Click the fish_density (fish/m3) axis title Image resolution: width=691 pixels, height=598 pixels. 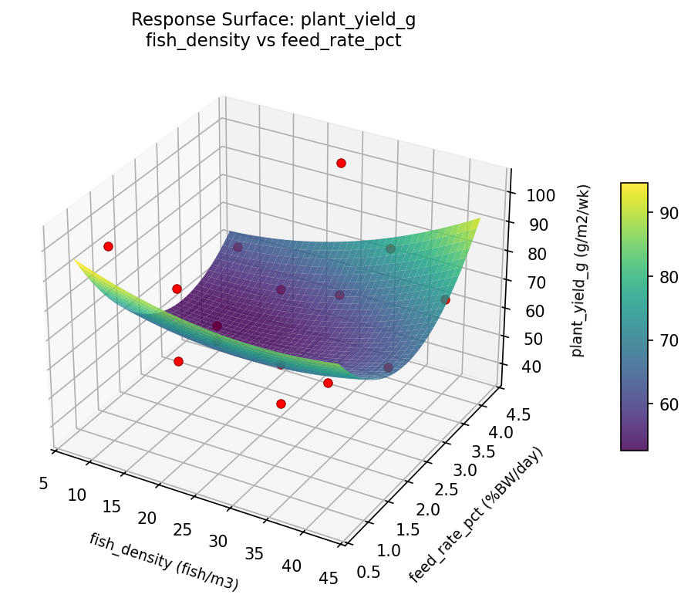(x=163, y=563)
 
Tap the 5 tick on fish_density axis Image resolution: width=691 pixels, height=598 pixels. (x=43, y=483)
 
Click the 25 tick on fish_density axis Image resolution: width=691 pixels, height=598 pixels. (x=183, y=529)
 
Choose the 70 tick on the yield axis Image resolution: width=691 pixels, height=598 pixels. (x=537, y=282)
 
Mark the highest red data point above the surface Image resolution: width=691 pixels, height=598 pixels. (x=341, y=163)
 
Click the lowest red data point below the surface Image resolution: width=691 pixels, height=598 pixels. (x=281, y=404)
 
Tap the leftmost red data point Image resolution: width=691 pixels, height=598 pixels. (x=108, y=246)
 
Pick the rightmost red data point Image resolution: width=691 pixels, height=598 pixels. (x=445, y=299)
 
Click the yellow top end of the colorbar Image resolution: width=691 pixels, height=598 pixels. (x=634, y=186)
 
